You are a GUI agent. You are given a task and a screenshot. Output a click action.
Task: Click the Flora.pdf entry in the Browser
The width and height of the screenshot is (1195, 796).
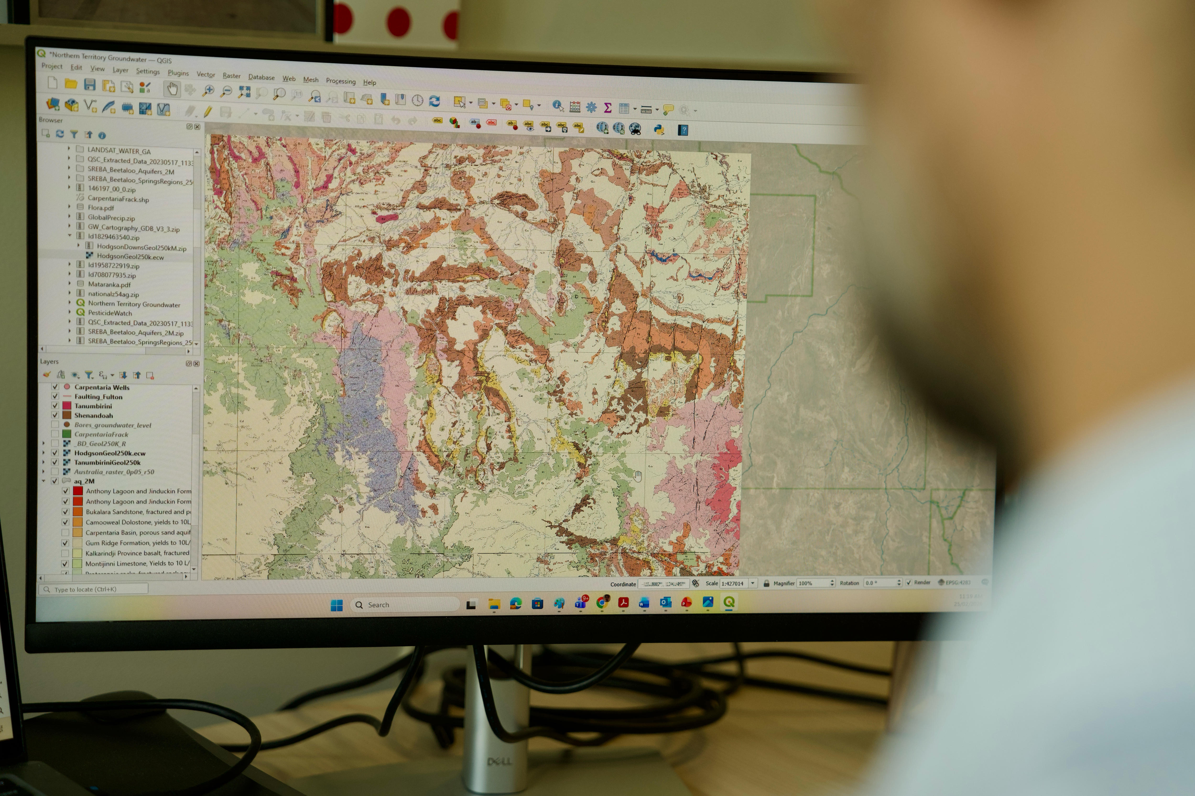[101, 208]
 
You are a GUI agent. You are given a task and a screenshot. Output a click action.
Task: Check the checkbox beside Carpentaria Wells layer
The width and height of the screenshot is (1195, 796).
[55, 387]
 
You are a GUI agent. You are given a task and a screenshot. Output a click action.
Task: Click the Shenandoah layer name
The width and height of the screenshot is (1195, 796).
[93, 415]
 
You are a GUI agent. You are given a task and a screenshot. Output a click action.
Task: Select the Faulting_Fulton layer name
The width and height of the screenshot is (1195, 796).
[98, 396]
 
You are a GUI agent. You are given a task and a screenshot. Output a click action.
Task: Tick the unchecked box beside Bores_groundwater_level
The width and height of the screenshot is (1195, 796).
[55, 424]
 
